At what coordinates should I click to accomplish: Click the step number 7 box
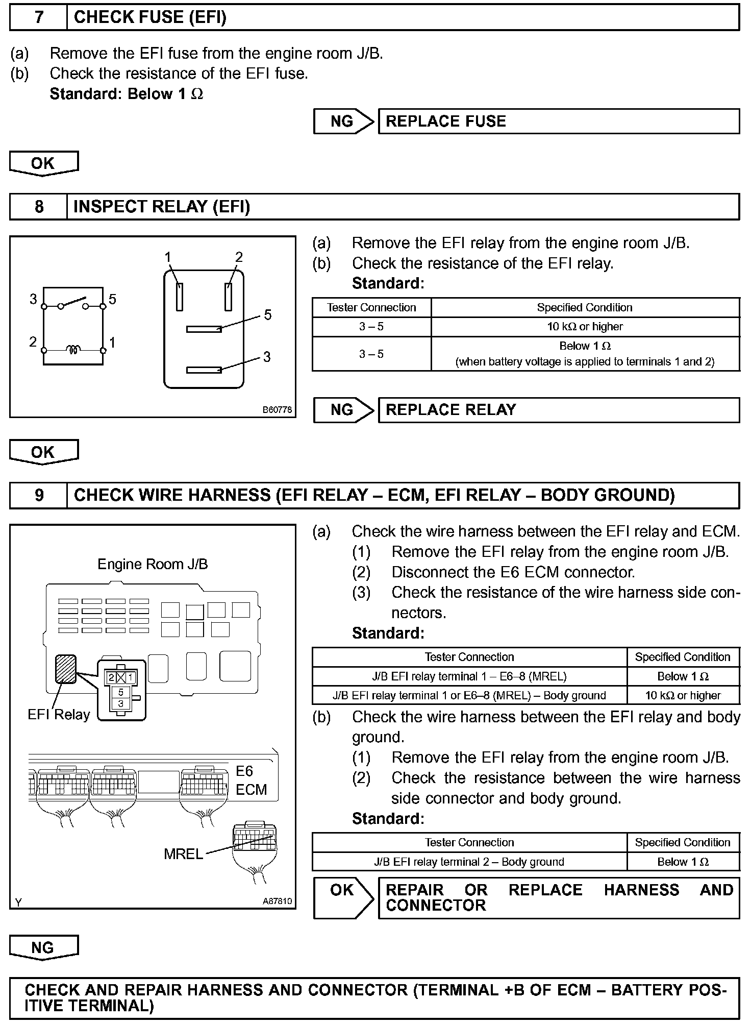[39, 17]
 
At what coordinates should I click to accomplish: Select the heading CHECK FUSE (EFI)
[150, 17]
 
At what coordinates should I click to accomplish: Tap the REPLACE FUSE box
[558, 121]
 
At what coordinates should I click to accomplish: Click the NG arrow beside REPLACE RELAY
[344, 410]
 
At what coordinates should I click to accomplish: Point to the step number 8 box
[39, 207]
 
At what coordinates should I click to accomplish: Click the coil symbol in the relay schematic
[73, 350]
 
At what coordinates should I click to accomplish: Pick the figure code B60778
[278, 409]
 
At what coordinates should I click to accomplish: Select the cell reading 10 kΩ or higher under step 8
[585, 327]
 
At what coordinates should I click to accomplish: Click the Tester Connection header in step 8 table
[371, 307]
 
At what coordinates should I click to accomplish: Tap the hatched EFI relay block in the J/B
[66, 669]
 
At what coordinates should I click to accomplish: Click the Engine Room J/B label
[153, 564]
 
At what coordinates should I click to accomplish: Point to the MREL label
[183, 853]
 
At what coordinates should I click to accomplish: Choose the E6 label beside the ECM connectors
[244, 771]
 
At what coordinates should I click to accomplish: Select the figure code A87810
[277, 901]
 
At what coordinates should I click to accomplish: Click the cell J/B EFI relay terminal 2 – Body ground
[469, 862]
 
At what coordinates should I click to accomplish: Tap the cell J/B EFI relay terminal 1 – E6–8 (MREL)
[469, 676]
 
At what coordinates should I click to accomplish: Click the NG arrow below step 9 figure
[43, 947]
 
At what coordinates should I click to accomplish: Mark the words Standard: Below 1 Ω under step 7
[126, 94]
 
